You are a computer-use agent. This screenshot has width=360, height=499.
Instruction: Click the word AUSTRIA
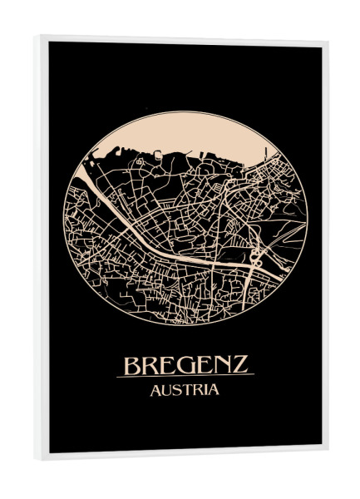[185, 390]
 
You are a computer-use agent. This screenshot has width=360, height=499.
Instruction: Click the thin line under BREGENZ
[185, 377]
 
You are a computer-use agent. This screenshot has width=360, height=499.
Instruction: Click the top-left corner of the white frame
[37, 37]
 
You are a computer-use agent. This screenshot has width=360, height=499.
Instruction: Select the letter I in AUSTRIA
[205, 390]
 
